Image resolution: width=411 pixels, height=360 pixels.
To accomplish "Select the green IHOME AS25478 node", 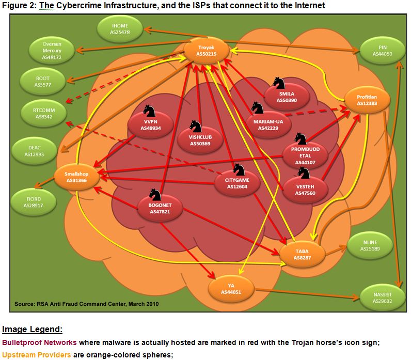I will (x=120, y=29).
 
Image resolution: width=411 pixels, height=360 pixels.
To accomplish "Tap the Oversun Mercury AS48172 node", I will (x=52, y=51).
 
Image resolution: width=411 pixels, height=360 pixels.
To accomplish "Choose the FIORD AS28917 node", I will (x=34, y=202).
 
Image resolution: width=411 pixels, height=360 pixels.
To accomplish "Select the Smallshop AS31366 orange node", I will (x=76, y=177).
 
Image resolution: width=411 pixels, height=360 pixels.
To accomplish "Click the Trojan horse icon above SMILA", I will (x=279, y=83).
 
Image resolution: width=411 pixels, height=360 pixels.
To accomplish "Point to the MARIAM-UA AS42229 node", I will (x=265, y=124).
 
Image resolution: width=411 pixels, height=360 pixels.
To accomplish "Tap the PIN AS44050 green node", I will (x=382, y=50).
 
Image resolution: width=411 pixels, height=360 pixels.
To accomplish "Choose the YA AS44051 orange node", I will (x=232, y=289).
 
